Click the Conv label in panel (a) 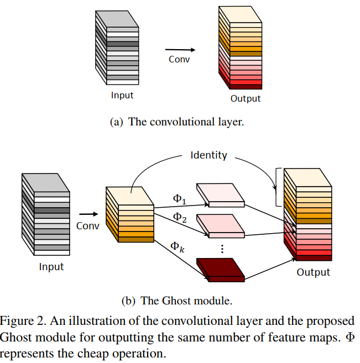tap(179, 59)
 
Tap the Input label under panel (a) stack tap(122, 95)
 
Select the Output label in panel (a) tap(246, 99)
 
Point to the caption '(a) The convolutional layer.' tap(177, 122)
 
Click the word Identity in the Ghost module tap(208, 155)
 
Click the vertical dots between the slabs tap(222, 249)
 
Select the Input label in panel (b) tap(51, 267)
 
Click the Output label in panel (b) tap(313, 272)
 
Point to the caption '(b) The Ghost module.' tap(177, 301)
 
